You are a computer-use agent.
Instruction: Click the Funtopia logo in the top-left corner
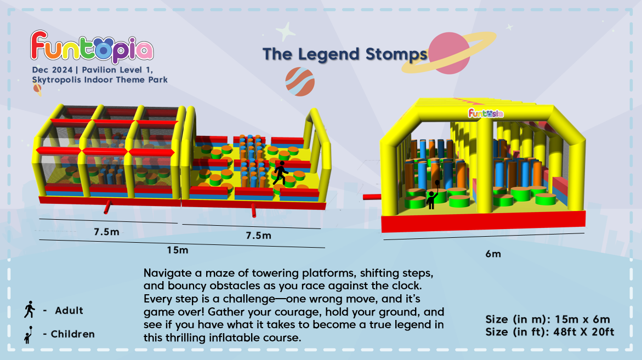92,47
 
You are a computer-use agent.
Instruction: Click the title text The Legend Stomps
345,54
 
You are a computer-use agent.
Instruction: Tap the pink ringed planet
449,53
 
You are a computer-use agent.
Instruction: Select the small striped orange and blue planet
300,82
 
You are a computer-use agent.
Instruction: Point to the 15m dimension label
177,250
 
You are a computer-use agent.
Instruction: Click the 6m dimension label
493,254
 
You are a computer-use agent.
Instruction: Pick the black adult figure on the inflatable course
281,173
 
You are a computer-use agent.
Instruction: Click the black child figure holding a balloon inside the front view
433,195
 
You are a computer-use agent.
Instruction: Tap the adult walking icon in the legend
30,310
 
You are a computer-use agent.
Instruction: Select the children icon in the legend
29,335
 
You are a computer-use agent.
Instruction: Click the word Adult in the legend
69,311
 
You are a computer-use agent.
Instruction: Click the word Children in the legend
73,334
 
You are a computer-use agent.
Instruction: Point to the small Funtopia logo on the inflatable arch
486,113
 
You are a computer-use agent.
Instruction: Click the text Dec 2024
53,70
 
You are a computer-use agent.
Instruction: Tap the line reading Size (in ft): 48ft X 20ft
550,332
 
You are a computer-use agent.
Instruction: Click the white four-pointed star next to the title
286,31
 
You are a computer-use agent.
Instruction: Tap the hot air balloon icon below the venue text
37,90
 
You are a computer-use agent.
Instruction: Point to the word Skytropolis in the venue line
57,80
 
